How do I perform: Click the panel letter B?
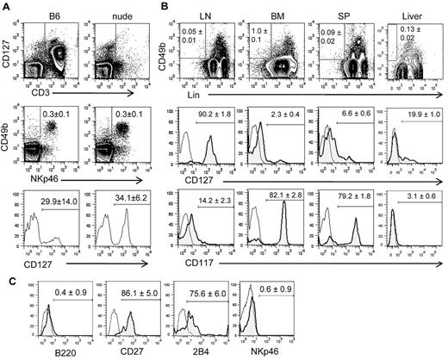click(x=159, y=6)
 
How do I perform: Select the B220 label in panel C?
click(x=40, y=352)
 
